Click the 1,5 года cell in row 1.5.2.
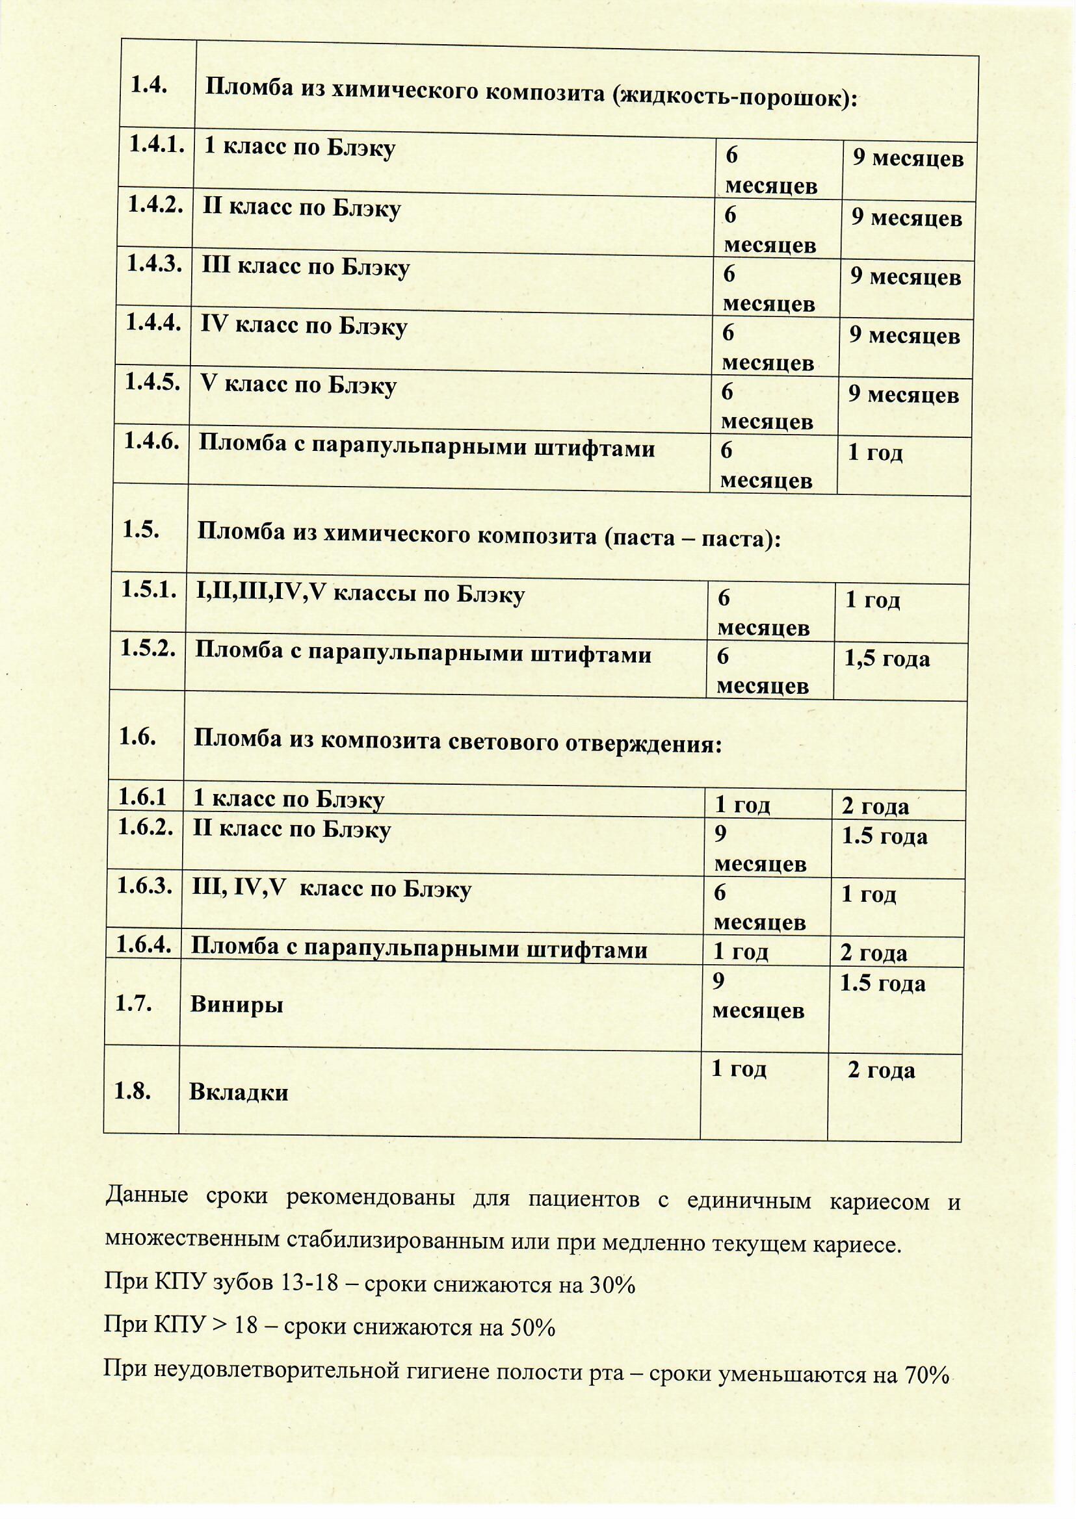(887, 659)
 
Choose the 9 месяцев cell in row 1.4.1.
(908, 159)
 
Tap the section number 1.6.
(137, 737)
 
